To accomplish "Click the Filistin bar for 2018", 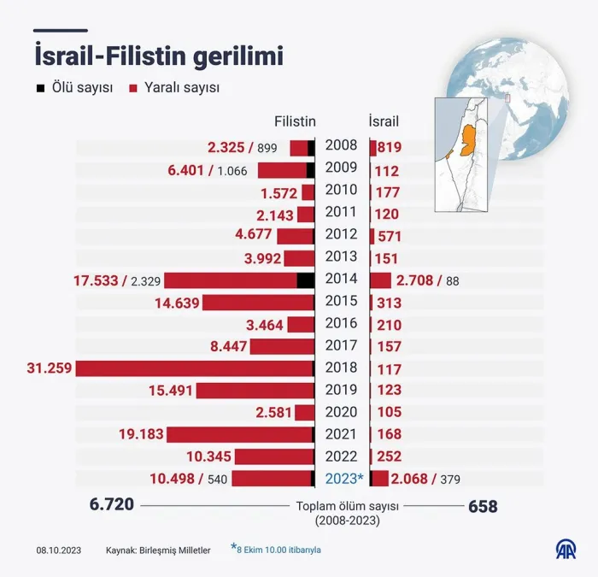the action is (x=195, y=368).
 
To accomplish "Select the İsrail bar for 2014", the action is (x=380, y=280).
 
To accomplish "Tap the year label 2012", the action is (x=342, y=234).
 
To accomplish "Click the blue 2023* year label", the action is (x=345, y=479).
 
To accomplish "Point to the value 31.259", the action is (x=50, y=368).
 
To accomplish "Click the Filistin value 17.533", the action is (x=96, y=281).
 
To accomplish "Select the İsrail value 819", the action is (x=390, y=147).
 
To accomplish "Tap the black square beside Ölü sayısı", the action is (x=40, y=88).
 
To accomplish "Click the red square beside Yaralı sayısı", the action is (x=133, y=89).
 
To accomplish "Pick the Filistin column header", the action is (x=295, y=121).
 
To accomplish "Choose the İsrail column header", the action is (x=384, y=121).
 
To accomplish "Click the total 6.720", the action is (x=112, y=504).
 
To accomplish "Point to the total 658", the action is (x=483, y=506).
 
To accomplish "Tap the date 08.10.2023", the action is (x=59, y=551).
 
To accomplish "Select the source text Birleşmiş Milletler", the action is (x=174, y=551).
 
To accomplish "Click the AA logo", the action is (x=566, y=550).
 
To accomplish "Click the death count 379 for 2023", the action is (x=450, y=480).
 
